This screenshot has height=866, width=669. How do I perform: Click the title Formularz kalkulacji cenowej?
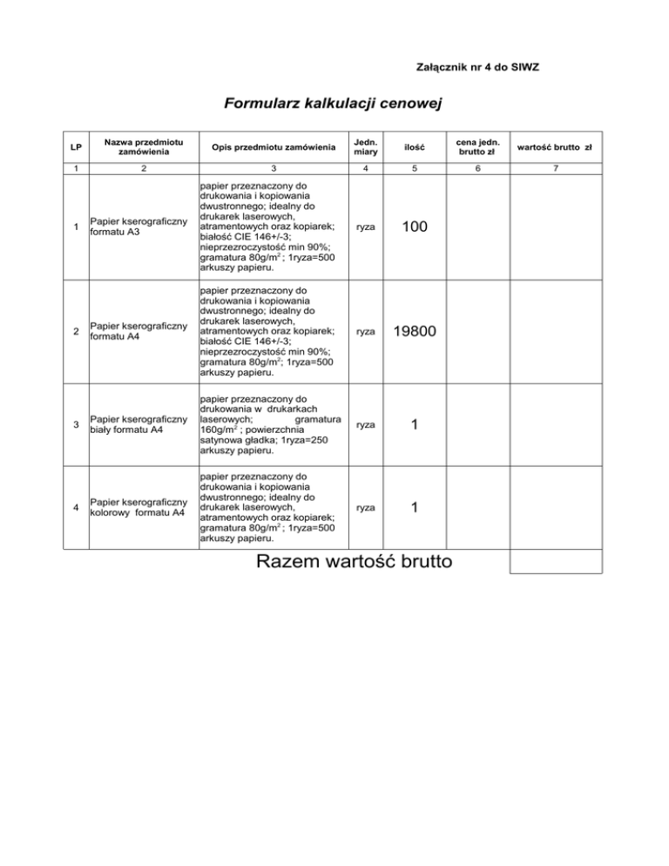click(x=334, y=105)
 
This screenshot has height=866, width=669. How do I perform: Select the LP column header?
click(x=77, y=147)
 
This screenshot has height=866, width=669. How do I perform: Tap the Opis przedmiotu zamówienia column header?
click(x=273, y=147)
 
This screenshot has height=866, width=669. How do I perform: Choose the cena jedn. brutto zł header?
click(x=476, y=147)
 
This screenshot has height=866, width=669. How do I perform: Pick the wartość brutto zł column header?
click(x=556, y=147)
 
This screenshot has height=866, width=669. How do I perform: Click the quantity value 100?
click(x=414, y=227)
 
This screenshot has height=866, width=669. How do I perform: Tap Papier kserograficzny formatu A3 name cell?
click(x=140, y=227)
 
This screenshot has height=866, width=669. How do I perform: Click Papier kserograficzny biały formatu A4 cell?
click(x=140, y=424)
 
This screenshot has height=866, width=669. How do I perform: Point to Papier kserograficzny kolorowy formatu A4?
click(x=140, y=506)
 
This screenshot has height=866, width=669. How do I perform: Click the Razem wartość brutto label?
click(x=355, y=561)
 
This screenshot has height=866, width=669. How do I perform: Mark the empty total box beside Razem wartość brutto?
click(x=556, y=561)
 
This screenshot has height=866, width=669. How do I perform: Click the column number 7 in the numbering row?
click(x=556, y=169)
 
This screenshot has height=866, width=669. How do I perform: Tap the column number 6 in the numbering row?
click(x=476, y=169)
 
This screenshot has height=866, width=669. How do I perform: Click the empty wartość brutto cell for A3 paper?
click(x=556, y=227)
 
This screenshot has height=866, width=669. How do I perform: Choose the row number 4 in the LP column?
click(x=77, y=506)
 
